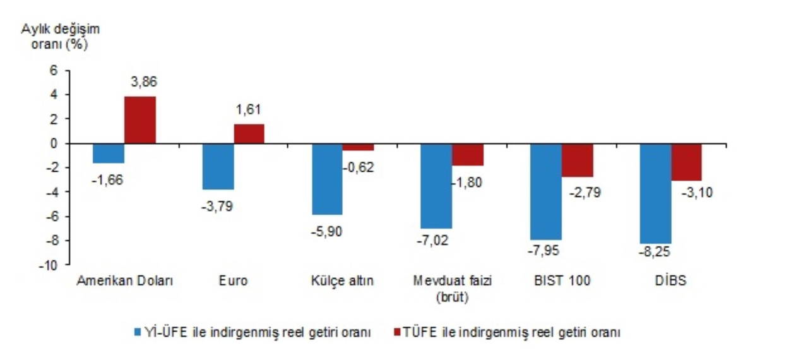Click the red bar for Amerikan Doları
[140, 120]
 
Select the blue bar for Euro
[218, 166]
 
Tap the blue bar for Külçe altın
[327, 179]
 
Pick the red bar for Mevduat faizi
[468, 154]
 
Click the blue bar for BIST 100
[546, 191]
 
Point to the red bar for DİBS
[686, 162]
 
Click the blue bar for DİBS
[655, 193]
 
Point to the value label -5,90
[327, 232]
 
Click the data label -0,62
[359, 167]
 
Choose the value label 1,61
[248, 109]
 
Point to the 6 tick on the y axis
[54, 70]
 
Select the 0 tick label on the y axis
[54, 143]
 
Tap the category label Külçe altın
[343, 282]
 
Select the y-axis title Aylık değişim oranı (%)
[61, 37]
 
